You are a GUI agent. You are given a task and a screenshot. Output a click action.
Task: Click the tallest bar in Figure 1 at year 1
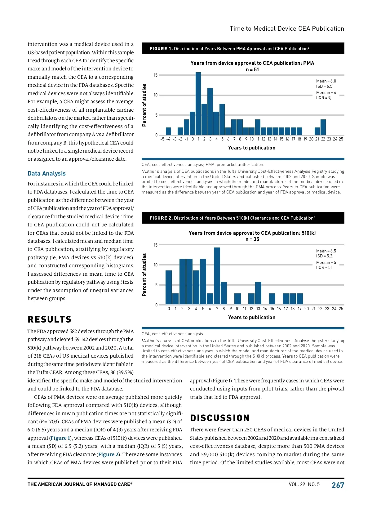pos(198,104)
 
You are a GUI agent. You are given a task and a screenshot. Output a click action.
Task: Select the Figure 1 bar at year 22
pos(323,127)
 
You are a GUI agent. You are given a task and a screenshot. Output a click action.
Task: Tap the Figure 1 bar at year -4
pos(168,131)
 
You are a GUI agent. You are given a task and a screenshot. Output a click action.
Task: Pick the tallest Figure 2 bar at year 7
pos(217,276)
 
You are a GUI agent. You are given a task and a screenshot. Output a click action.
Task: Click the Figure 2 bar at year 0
pos(169,287)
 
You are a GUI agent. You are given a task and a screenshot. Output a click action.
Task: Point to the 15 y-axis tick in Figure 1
pos(156,75)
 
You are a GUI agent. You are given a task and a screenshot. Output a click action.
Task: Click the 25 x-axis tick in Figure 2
pos(341,309)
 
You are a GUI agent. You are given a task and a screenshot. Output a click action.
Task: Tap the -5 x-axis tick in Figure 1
pos(162,139)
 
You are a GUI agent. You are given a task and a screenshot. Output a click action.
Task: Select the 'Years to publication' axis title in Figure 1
pos(252,148)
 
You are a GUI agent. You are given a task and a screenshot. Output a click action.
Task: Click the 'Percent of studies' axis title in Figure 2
pos(144,274)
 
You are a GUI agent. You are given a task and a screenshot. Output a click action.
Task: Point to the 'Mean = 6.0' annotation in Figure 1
pos(326,81)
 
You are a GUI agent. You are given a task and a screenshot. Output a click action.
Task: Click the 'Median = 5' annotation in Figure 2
pos(326,262)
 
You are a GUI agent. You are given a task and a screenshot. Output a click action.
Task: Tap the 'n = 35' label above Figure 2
pos(252,239)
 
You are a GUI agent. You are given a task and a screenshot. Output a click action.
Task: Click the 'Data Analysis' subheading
pos(46,173)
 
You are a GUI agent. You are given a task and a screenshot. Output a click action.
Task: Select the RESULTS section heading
pos(50,319)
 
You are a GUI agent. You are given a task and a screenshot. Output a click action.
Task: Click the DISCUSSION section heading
pos(220,418)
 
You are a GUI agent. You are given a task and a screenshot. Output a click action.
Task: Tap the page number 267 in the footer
pos(338,485)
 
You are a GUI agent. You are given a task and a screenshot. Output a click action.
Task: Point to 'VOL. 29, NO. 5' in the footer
pos(304,484)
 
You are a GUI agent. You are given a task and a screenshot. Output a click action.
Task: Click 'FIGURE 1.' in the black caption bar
pos(161,49)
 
